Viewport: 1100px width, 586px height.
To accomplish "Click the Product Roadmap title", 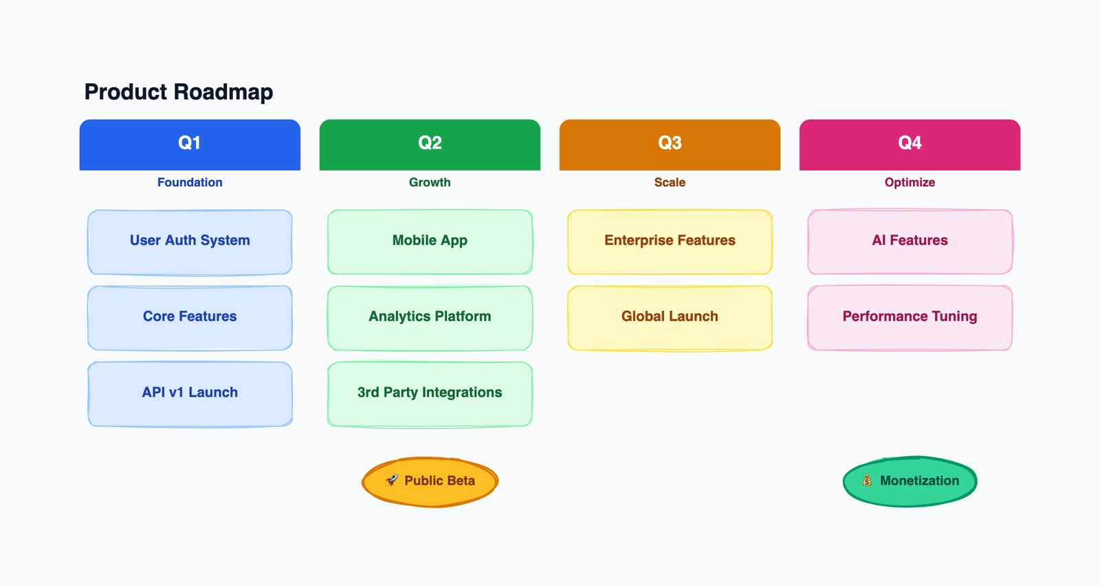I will pos(179,91).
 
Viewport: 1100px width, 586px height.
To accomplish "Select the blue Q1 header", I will pos(190,144).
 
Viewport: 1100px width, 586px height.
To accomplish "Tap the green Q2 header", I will pos(430,144).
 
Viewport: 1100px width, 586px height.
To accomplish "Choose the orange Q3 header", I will pos(670,144).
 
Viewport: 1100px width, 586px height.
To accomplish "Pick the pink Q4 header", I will pos(910,144).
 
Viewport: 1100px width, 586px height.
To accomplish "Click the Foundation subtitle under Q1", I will pos(190,182).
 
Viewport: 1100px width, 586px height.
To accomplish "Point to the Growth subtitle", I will pos(430,182).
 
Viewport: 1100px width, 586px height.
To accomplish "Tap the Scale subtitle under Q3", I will pos(670,182).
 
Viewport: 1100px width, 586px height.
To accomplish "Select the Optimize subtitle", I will pos(910,182).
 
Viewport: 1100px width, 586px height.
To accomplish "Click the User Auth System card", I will pos(190,241).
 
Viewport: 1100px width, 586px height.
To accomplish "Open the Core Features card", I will pos(190,317).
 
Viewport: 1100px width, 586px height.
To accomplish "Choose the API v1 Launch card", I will pos(190,393).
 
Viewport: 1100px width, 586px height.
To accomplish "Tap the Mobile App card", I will pos(430,241).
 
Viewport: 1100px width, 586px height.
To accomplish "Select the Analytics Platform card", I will pos(430,317).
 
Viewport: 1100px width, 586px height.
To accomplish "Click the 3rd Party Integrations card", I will pos(430,393).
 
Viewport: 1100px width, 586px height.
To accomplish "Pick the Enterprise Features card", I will pos(670,241).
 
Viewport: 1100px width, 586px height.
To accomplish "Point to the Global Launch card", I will pos(670,317).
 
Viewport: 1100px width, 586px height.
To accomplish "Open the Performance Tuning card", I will pos(910,317).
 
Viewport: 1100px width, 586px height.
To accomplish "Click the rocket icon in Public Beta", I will pos(392,480).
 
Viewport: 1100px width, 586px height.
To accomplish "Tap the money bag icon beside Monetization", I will pos(867,481).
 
